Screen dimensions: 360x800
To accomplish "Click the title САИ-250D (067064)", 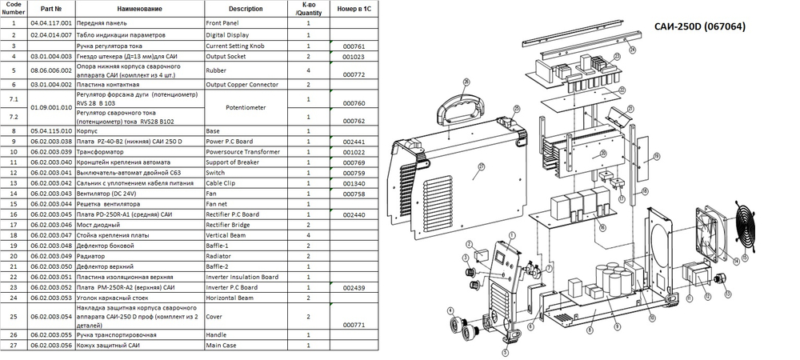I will tap(705, 26).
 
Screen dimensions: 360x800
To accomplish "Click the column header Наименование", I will tap(136, 9).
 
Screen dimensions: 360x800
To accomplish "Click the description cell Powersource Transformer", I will tap(242, 150).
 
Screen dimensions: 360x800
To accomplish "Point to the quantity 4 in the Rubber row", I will tap(309, 70).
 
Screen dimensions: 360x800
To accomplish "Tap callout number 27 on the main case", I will tap(482, 167).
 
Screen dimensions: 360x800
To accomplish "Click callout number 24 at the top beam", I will tap(632, 50).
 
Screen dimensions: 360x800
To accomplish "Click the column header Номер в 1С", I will tap(353, 9).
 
